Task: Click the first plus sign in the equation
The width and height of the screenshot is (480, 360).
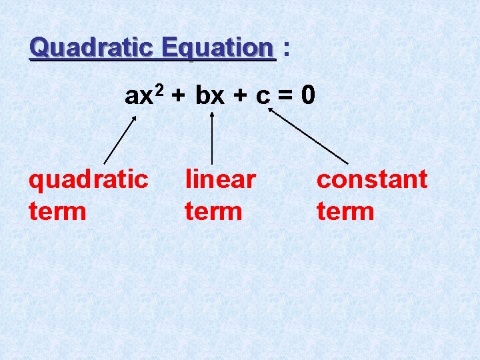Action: click(x=178, y=97)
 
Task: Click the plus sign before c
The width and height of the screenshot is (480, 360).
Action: click(x=241, y=97)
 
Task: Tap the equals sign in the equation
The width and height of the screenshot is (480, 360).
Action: click(x=285, y=97)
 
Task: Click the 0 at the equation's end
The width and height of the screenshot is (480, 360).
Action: click(x=307, y=96)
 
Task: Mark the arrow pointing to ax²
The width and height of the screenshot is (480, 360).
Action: click(x=120, y=139)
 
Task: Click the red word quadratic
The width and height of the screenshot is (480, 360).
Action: click(x=88, y=180)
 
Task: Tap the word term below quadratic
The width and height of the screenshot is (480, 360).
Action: click(x=58, y=212)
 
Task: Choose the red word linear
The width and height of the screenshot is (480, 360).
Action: click(x=220, y=179)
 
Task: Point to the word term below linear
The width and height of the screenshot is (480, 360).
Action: click(x=213, y=212)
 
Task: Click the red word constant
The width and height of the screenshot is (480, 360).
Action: click(x=372, y=179)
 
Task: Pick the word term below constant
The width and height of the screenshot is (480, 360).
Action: click(x=345, y=212)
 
